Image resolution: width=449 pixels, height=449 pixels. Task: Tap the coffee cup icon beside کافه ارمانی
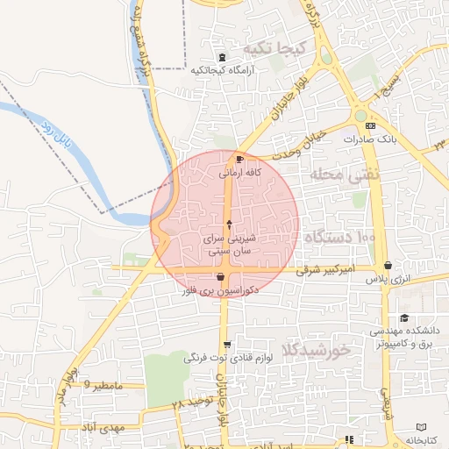240,159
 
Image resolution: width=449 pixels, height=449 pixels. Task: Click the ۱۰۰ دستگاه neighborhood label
339,238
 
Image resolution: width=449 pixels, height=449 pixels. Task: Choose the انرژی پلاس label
388,279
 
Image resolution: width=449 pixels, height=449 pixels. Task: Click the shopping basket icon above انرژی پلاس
388,266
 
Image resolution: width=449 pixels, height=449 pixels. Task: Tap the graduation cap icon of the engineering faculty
403,318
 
